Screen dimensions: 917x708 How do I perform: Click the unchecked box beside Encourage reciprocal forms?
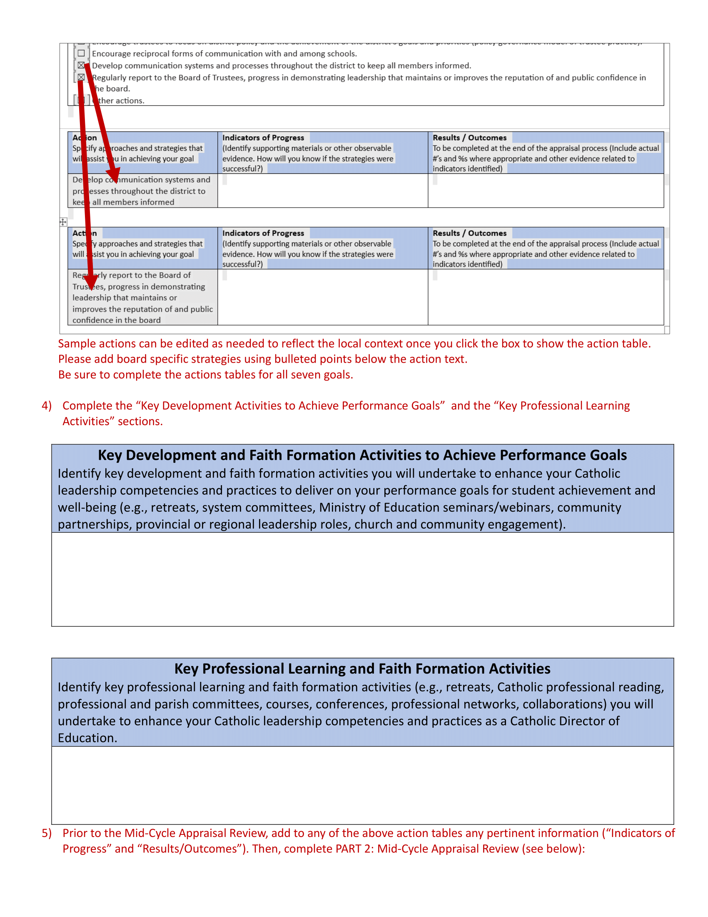pyautogui.click(x=81, y=53)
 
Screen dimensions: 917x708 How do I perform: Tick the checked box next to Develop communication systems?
pyautogui.click(x=81, y=65)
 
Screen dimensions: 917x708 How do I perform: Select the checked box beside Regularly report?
pyautogui.click(x=81, y=77)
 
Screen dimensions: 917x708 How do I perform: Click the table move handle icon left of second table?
pyautogui.click(x=63, y=222)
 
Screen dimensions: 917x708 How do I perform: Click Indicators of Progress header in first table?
pyautogui.click(x=263, y=138)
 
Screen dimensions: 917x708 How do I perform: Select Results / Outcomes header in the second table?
pyautogui.click(x=469, y=233)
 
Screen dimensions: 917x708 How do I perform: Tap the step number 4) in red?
pyautogui.click(x=47, y=406)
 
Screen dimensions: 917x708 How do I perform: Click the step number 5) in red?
pyautogui.click(x=47, y=833)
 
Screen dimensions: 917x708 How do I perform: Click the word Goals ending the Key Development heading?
pyautogui.click(x=608, y=455)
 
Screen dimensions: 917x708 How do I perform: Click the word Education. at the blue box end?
pyautogui.click(x=87, y=738)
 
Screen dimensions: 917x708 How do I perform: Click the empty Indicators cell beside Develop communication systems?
pyautogui.click(x=322, y=190)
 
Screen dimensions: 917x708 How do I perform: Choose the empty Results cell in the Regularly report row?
pyautogui.click(x=545, y=297)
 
